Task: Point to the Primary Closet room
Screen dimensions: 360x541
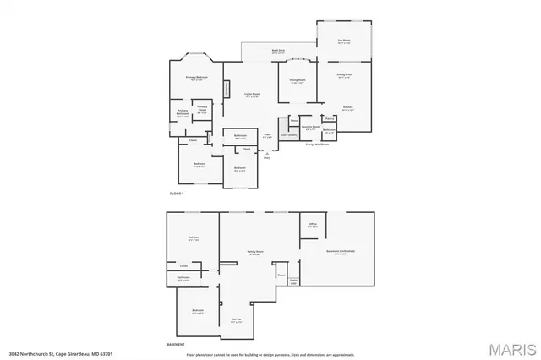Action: tap(202, 108)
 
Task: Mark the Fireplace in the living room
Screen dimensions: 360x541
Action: tap(227, 88)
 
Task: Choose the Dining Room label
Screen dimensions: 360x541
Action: tap(298, 80)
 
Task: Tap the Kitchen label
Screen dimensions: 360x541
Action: tap(347, 107)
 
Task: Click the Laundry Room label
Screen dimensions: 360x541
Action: tap(310, 128)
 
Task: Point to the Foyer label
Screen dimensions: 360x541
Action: tap(266, 135)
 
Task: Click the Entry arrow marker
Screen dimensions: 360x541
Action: tap(267, 152)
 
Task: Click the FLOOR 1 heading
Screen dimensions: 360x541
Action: tap(177, 194)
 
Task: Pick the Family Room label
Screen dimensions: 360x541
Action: tap(253, 251)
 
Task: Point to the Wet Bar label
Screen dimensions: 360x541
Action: tap(238, 319)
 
